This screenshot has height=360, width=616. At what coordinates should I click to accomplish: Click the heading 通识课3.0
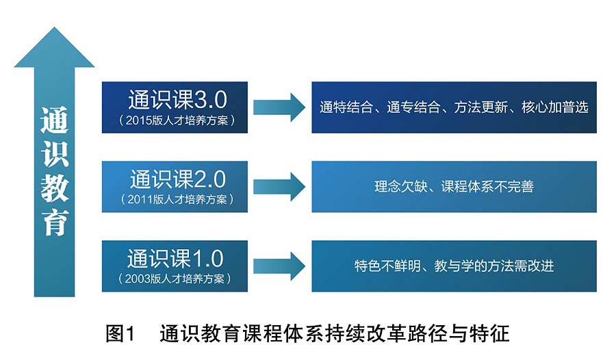pos(177,99)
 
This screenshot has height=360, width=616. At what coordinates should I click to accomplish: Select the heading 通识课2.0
pos(178,179)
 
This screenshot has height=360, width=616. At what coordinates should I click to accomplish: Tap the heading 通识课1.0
pos(175,259)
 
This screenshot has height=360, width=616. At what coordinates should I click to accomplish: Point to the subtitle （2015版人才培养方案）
pos(177,120)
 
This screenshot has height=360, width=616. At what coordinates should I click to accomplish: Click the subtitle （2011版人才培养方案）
pos(177,199)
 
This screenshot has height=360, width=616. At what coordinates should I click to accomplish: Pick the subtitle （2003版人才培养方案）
pos(175,279)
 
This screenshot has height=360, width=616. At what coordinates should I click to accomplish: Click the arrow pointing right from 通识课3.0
pos(279,107)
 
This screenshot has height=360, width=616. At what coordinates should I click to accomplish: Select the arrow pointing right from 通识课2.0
pos(279,187)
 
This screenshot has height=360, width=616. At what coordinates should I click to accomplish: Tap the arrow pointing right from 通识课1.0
pos(279,266)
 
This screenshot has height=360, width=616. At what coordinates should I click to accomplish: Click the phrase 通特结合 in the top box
pos(346,107)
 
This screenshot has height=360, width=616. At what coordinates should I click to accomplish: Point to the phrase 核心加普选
pos(555,107)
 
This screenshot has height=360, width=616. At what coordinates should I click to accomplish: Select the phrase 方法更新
pos(481,107)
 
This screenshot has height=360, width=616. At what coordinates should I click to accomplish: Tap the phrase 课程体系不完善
pos(487,186)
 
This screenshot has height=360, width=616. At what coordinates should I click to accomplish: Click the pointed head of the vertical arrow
pos(54,27)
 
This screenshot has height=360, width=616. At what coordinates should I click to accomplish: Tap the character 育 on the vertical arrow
pos(55,223)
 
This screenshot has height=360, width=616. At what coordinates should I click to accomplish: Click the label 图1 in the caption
pos(120,334)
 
